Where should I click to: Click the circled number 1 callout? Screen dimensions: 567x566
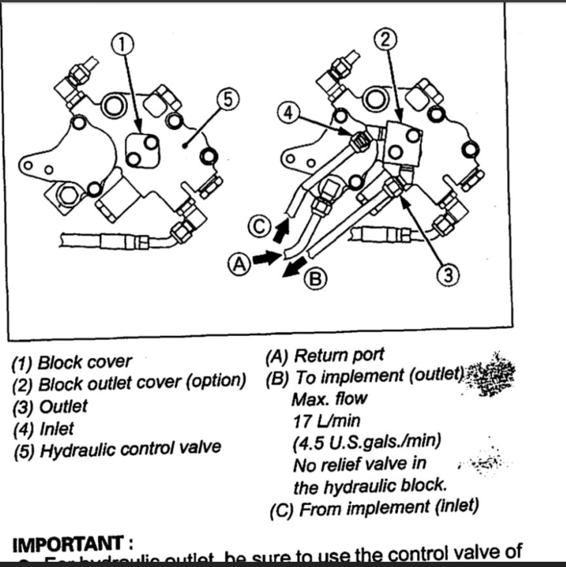coord(123,44)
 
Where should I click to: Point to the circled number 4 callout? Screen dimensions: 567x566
coord(288,113)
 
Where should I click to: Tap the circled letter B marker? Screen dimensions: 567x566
coord(316,279)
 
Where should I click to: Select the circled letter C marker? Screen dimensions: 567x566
coord(259,227)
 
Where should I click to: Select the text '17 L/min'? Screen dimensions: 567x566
coord(326,421)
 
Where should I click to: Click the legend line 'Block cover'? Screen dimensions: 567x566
coord(72,362)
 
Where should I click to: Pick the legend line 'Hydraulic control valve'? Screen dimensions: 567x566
coord(117,449)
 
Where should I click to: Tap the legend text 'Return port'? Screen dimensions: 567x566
coord(325,356)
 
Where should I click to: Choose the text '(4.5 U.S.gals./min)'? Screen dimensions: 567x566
coord(367,442)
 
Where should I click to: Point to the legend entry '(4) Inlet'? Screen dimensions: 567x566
coord(44,429)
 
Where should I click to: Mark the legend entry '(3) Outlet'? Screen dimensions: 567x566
coord(50,407)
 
